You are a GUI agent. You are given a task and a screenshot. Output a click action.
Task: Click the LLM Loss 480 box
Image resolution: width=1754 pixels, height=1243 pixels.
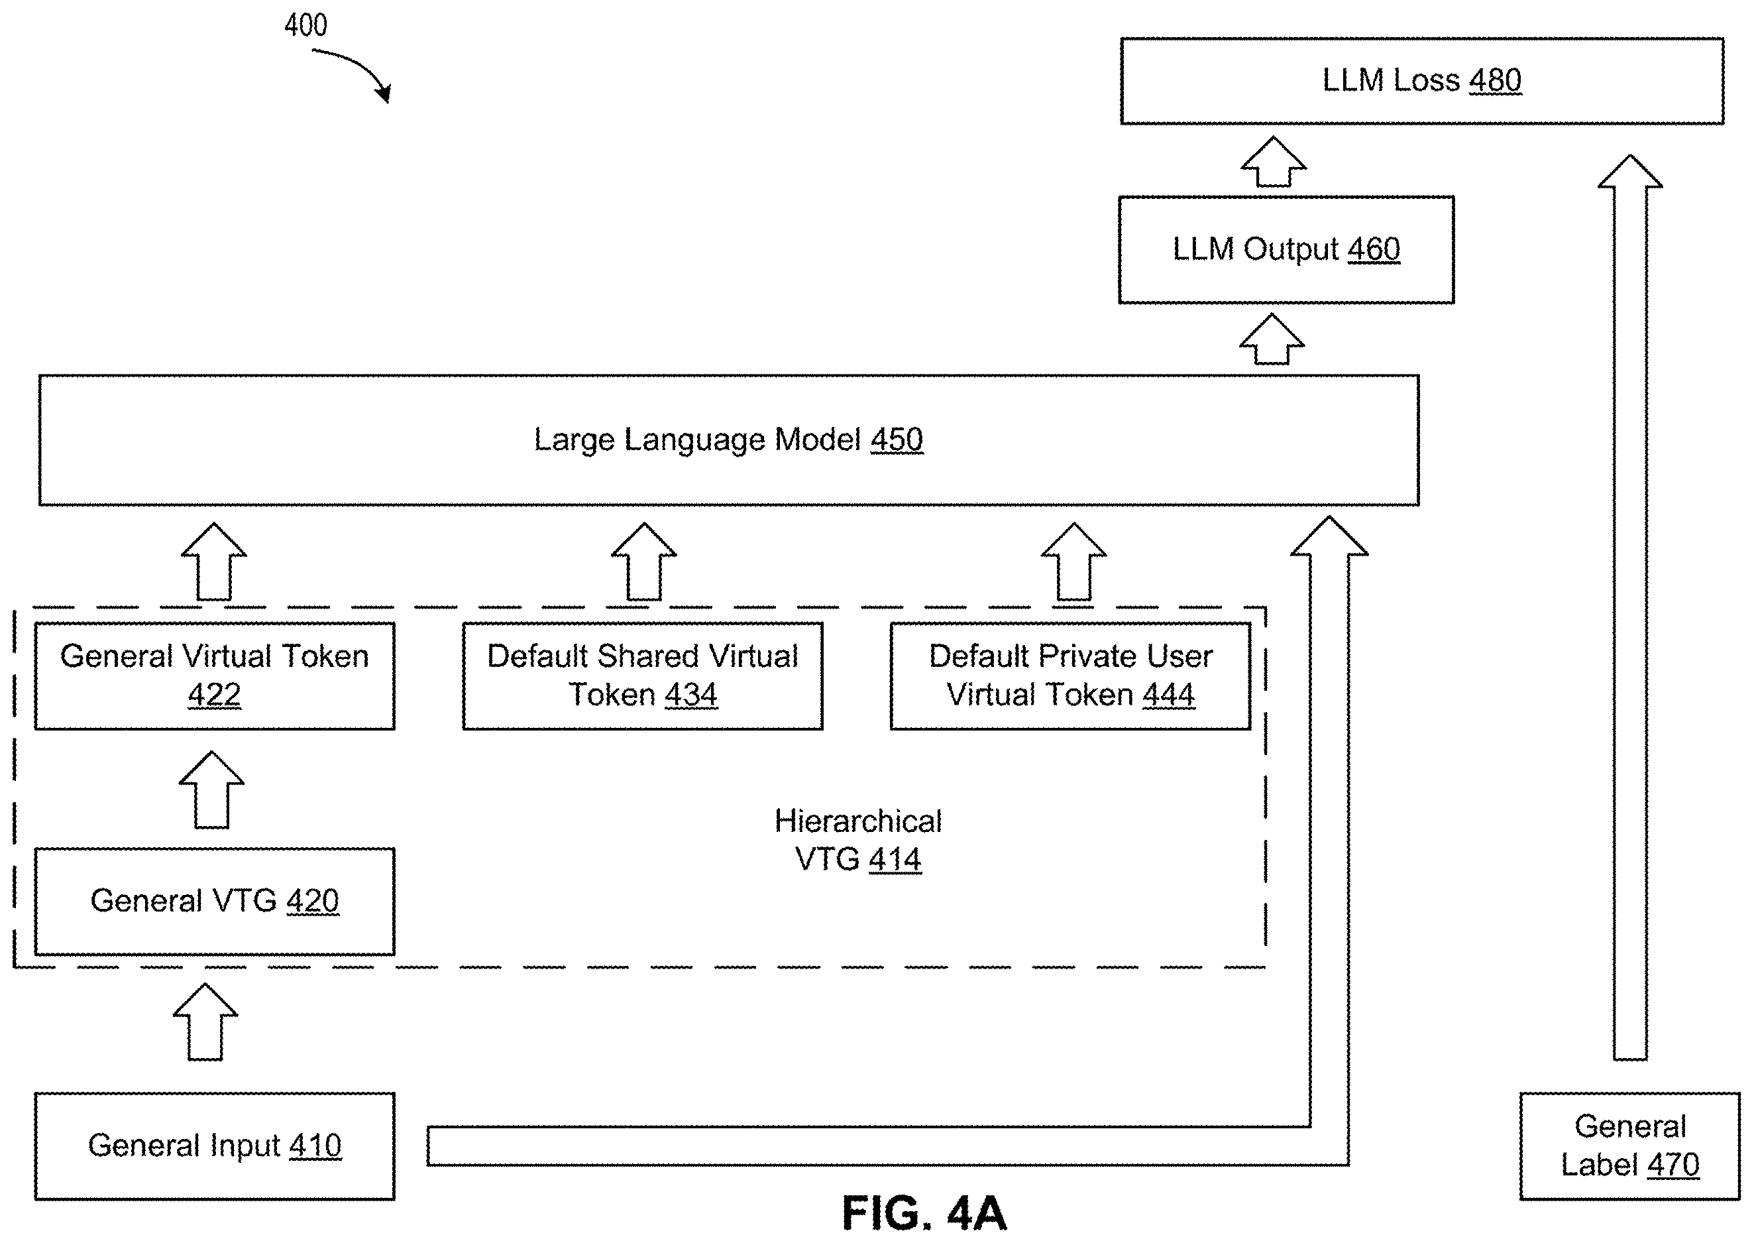coord(1421,81)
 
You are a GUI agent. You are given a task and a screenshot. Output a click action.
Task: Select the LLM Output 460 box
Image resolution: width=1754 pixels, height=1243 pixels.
coord(1286,249)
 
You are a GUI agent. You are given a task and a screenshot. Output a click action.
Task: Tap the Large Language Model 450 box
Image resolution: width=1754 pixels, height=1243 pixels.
coord(728,440)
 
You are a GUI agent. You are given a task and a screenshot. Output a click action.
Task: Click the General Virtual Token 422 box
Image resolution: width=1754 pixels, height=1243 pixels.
coord(214,676)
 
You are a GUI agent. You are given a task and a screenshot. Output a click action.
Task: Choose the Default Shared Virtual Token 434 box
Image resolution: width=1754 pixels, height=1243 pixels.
coord(643,676)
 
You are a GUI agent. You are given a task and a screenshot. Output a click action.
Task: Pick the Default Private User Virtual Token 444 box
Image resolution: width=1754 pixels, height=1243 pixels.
coord(1070,676)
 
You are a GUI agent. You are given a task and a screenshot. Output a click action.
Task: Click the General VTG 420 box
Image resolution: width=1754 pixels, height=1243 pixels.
coord(214,901)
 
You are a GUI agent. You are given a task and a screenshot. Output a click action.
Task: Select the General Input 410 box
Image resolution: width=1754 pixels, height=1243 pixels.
coord(214,1146)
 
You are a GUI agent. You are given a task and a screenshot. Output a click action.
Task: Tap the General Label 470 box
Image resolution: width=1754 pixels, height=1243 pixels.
coord(1629,1146)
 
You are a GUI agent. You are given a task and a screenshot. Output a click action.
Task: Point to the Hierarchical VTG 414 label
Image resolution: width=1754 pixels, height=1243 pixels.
coord(857,840)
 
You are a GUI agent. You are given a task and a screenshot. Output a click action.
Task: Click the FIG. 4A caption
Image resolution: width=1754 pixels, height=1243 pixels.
coord(923,1213)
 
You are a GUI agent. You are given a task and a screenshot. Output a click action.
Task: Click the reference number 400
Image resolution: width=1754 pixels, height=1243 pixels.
coord(305,25)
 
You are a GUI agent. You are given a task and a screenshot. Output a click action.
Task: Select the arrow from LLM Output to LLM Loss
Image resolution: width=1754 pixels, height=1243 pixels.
coord(1273,162)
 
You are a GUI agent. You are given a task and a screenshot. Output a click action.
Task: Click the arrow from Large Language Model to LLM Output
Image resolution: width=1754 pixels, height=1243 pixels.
coord(1272,339)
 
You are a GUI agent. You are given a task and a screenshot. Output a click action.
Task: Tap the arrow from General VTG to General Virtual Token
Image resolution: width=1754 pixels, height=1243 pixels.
coord(212,789)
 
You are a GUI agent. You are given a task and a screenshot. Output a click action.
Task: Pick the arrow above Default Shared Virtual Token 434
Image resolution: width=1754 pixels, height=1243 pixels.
coord(644,562)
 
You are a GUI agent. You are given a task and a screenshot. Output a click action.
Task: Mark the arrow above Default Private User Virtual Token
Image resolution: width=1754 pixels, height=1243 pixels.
coord(1074,562)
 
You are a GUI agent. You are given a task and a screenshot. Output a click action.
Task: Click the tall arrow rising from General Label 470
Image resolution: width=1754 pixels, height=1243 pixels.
coord(1630,608)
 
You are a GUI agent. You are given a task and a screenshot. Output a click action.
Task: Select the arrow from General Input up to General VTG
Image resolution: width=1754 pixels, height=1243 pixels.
coord(205,1022)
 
